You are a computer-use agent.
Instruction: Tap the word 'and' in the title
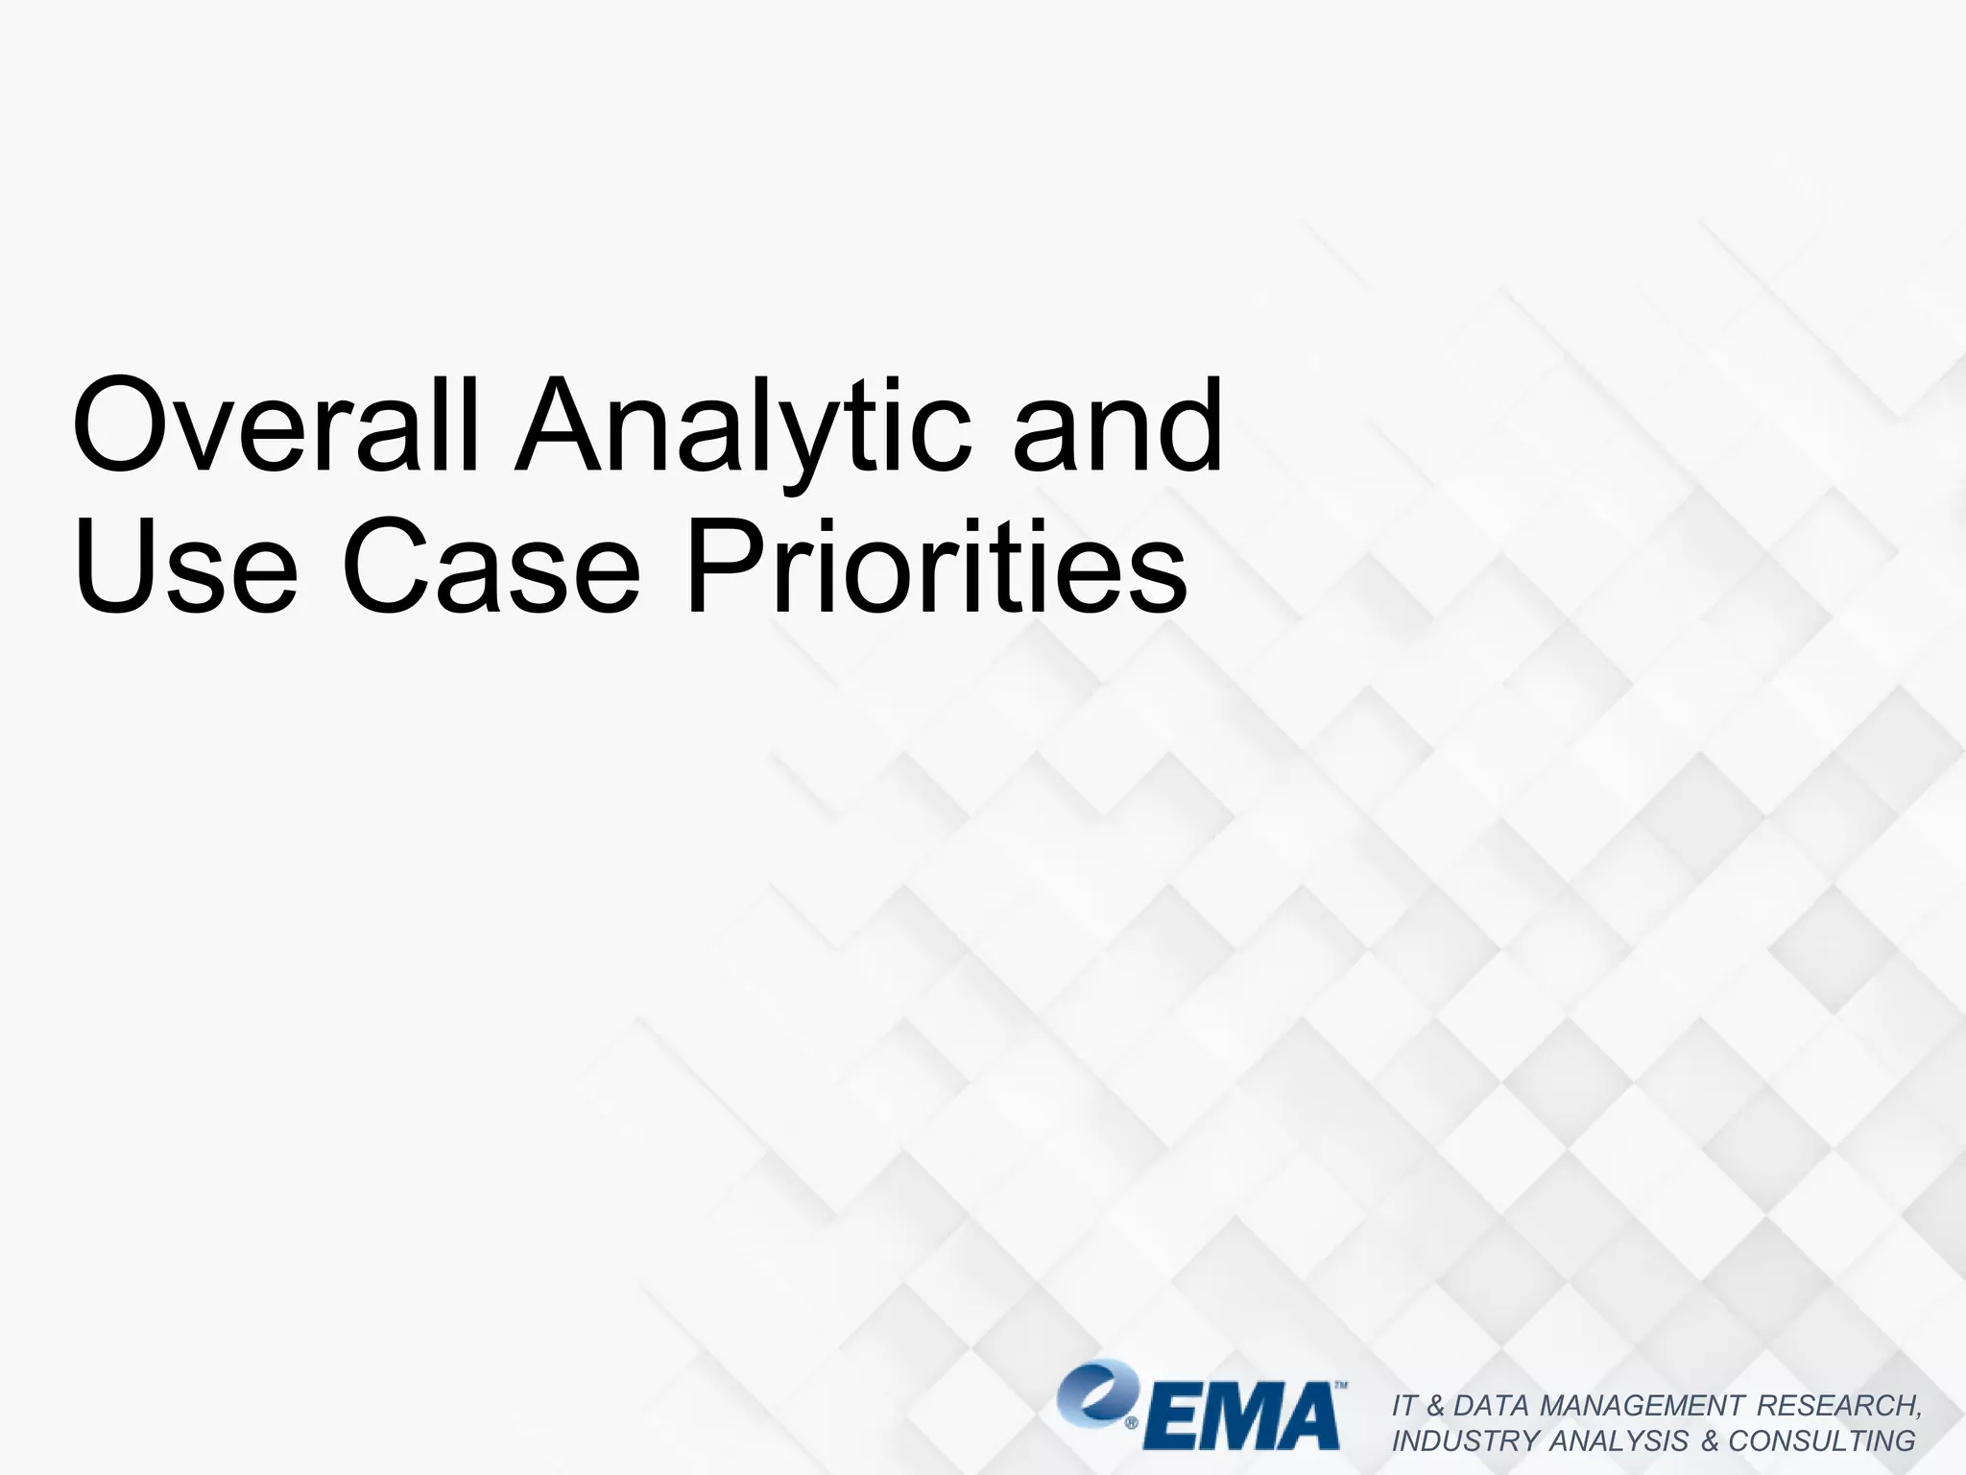pyautogui.click(x=1117, y=425)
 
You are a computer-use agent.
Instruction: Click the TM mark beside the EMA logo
pyautogui.click(x=1340, y=1387)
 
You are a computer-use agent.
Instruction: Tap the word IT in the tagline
pyautogui.click(x=1404, y=1406)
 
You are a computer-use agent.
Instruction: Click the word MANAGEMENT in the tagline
pyautogui.click(x=1641, y=1406)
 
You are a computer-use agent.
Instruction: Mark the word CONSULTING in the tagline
pyautogui.click(x=1822, y=1441)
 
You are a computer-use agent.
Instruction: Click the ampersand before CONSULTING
pyautogui.click(x=1710, y=1441)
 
